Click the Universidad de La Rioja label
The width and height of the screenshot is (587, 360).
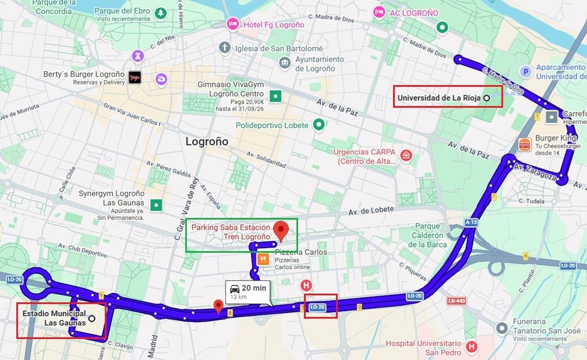[x=439, y=98]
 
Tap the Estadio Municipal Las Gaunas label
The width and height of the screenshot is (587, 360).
[x=54, y=318]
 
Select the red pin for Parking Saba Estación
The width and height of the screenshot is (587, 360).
[x=282, y=230]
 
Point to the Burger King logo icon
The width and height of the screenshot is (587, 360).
[x=525, y=144]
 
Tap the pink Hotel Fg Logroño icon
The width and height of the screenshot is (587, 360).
[x=232, y=24]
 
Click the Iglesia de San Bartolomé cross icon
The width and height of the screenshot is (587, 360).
[x=225, y=48]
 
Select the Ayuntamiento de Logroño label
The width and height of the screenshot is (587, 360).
[x=320, y=64]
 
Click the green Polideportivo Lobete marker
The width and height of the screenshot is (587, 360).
[x=319, y=125]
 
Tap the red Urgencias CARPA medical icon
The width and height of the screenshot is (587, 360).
[x=406, y=156]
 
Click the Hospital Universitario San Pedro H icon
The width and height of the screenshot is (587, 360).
[x=471, y=347]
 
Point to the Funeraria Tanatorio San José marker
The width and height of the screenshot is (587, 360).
[x=500, y=329]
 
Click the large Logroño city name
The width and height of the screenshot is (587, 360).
[x=207, y=142]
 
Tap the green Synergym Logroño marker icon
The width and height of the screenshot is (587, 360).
[x=156, y=204]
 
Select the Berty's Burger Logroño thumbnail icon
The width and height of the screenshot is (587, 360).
[x=135, y=78]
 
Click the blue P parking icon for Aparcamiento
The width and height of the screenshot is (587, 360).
[x=525, y=72]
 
